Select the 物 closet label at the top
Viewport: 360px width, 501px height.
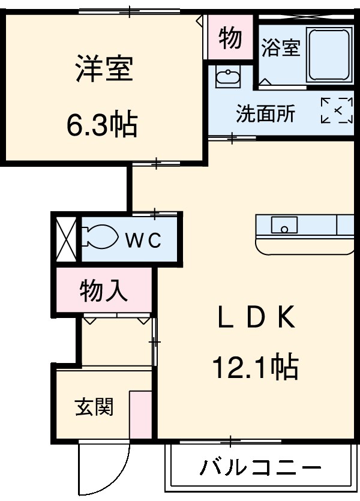click(230, 38)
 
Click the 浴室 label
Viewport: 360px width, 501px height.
click(280, 49)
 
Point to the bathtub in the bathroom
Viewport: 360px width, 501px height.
click(329, 55)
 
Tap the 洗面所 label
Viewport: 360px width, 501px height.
click(265, 114)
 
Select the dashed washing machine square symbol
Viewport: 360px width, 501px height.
click(337, 110)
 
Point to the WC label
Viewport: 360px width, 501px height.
click(143, 241)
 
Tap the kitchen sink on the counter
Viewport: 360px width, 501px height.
click(284, 226)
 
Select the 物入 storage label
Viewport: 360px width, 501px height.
click(104, 291)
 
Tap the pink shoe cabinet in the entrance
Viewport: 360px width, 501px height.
click(141, 415)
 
